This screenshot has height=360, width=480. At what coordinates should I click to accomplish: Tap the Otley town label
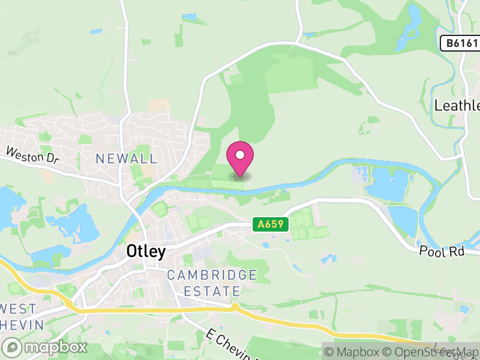pyautogui.click(x=146, y=251)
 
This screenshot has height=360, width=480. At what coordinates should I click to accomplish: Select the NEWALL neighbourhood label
pyautogui.click(x=127, y=159)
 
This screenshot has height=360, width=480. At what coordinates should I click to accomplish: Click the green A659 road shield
pyautogui.click(x=271, y=224)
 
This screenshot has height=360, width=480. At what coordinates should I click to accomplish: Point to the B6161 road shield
pyautogui.click(x=460, y=43)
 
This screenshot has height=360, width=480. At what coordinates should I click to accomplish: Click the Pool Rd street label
pyautogui.click(x=442, y=252)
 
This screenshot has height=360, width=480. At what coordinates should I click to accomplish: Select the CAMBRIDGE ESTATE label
pyautogui.click(x=212, y=283)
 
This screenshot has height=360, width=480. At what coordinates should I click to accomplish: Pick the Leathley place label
pyautogui.click(x=457, y=106)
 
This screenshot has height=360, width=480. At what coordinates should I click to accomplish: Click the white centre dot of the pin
pyautogui.click(x=240, y=155)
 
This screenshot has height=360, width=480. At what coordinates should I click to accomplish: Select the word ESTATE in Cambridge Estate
pyautogui.click(x=212, y=292)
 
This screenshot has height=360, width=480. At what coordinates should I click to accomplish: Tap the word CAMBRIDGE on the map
pyautogui.click(x=212, y=275)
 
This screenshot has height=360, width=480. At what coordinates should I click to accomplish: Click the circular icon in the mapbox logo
pyautogui.click(x=13, y=347)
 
